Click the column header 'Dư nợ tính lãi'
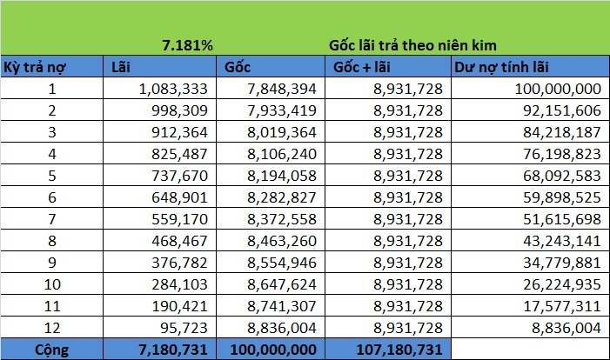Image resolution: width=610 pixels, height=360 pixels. coord(501,67)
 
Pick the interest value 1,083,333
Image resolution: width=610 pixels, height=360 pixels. coord(173,89)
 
